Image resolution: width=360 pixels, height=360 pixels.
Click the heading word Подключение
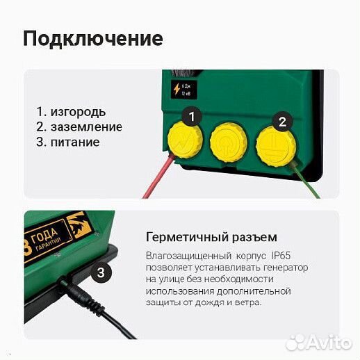click(x=93, y=38)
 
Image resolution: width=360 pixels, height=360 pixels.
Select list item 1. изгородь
click(x=72, y=111)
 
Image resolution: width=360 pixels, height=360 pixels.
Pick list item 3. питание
click(x=68, y=142)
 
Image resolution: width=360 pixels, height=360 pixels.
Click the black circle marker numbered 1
click(x=193, y=115)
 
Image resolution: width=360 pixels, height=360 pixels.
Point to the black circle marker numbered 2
click(x=282, y=122)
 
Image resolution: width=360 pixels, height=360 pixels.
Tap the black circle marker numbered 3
click(x=101, y=272)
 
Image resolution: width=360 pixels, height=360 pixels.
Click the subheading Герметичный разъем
click(x=211, y=237)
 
